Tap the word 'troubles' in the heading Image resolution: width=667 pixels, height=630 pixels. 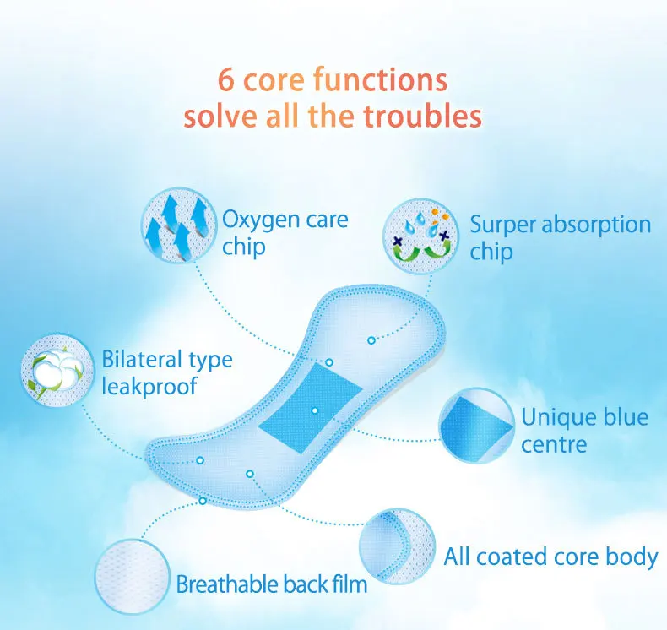coord(422,115)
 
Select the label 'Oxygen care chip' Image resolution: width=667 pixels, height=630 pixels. coord(285,233)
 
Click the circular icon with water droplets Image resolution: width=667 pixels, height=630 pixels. coord(420,230)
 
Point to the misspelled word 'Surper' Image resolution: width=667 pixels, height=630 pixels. coord(502,225)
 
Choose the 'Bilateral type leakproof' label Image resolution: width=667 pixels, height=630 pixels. coord(166,372)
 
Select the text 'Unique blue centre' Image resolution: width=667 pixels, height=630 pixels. coord(584,430)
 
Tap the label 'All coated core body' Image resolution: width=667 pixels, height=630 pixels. coord(550,557)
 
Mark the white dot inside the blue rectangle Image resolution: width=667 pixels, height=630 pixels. coord(314,410)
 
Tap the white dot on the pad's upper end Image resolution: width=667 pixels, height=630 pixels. coord(371,339)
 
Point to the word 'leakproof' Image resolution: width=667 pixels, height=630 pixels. coord(149,387)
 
